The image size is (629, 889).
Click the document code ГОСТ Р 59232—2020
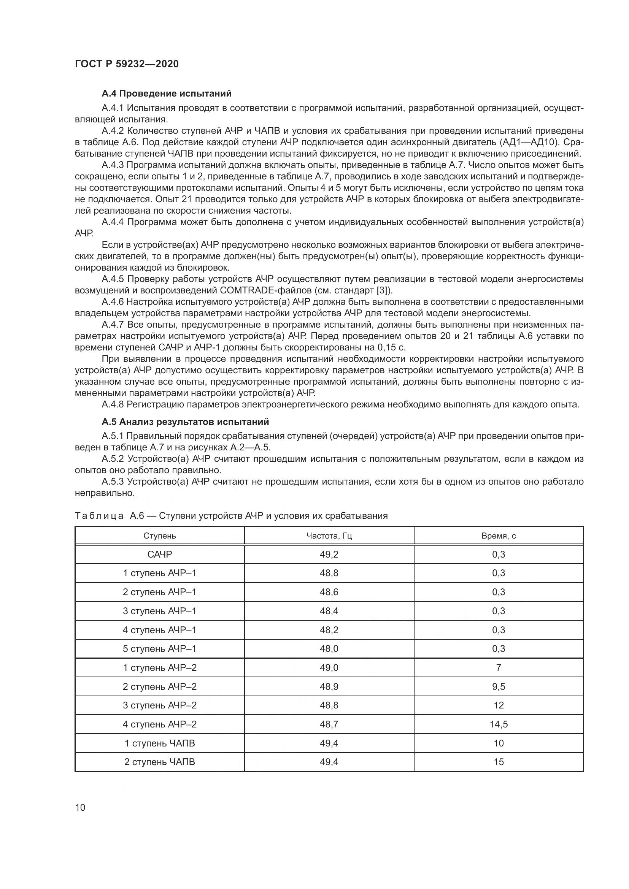click(127, 64)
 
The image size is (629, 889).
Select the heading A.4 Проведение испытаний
click(167, 93)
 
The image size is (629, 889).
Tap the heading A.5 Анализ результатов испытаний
click(185, 421)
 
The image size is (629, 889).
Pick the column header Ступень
click(160, 536)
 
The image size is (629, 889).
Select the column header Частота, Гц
click(329, 536)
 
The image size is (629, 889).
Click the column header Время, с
click(499, 536)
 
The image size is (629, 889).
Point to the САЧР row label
click(160, 555)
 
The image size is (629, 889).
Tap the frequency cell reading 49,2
click(329, 555)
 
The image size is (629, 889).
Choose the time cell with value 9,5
click(499, 686)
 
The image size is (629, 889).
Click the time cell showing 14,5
click(499, 724)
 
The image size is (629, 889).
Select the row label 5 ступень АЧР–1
click(160, 648)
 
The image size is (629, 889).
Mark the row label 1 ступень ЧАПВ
click(160, 743)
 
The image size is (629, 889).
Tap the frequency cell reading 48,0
click(329, 648)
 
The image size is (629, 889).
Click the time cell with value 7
click(499, 667)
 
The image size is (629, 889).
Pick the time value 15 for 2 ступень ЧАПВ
click(499, 762)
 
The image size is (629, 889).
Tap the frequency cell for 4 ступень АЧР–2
click(329, 724)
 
